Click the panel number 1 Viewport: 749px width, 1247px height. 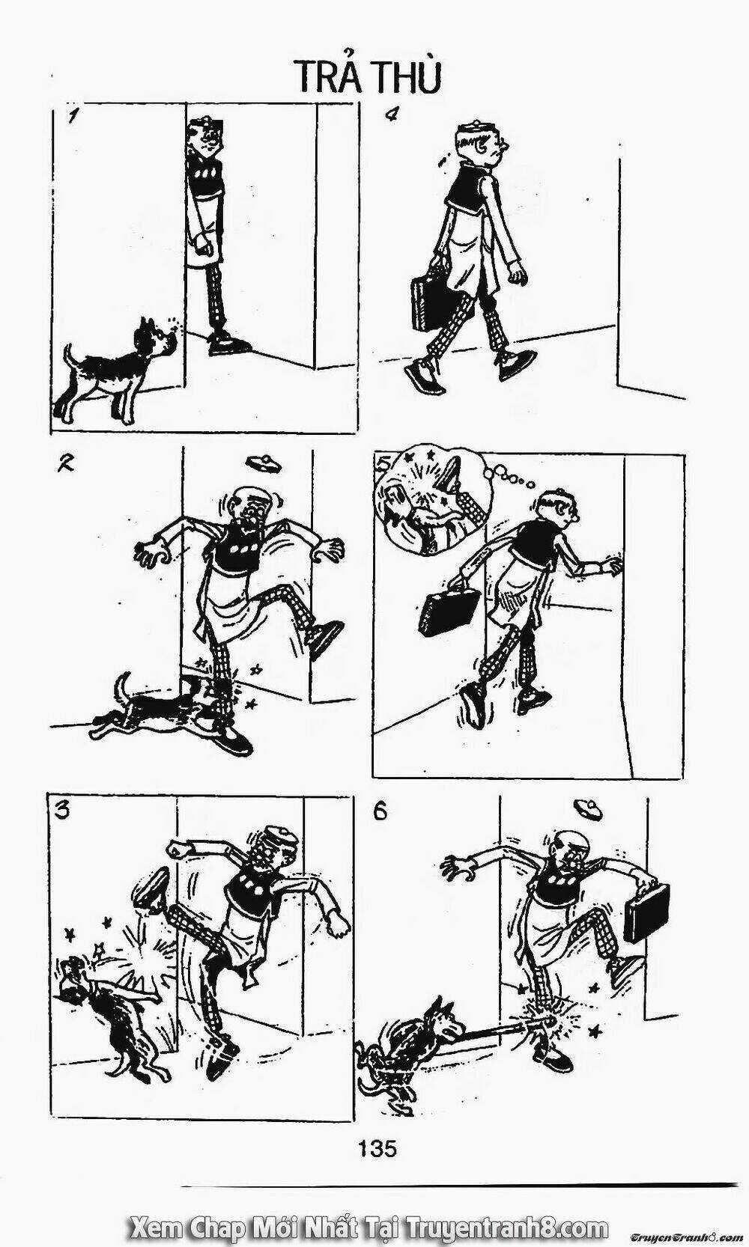tap(73, 116)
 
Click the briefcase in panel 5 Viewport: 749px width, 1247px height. tap(449, 612)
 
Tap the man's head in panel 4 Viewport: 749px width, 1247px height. tap(480, 141)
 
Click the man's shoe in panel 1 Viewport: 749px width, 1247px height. tap(228, 344)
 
